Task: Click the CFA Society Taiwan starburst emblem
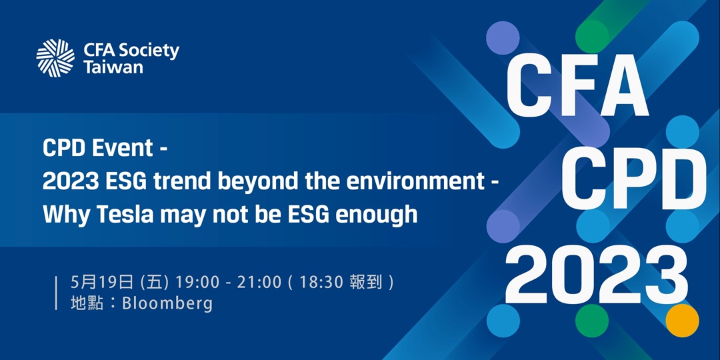[x=55, y=58]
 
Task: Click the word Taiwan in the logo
[x=113, y=67]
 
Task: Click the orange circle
[x=683, y=321]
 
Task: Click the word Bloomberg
[x=167, y=304]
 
